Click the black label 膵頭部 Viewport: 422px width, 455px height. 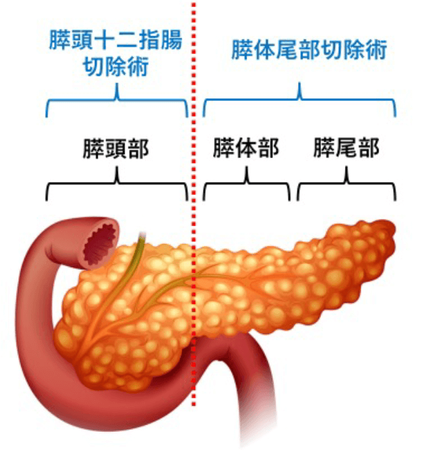116,148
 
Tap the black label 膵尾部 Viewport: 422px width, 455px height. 346,148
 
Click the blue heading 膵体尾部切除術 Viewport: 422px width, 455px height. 308,51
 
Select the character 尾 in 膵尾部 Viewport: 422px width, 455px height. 346,148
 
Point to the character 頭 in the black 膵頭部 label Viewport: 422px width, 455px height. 116,148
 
